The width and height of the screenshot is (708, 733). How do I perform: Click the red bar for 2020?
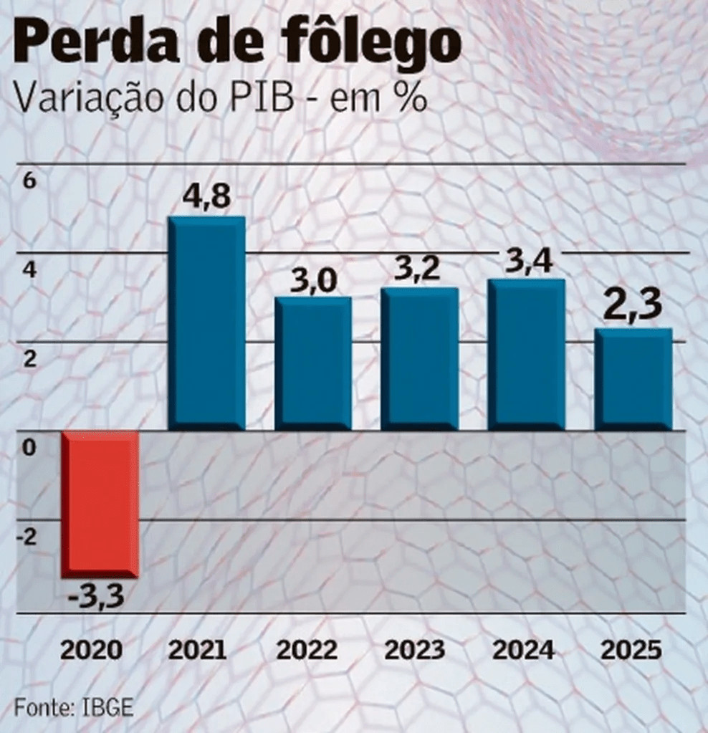point(99,504)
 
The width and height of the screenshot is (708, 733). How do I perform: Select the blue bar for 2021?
point(206,322)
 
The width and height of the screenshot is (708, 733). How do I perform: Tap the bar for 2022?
point(313,363)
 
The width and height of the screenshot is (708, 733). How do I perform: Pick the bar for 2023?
point(419,358)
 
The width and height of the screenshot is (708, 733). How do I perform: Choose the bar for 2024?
point(526,354)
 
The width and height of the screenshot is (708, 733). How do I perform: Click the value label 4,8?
point(206,196)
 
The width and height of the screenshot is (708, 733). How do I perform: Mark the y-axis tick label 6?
point(29,181)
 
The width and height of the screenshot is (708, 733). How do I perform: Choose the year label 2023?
point(415,650)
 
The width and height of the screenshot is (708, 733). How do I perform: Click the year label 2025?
point(631,650)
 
